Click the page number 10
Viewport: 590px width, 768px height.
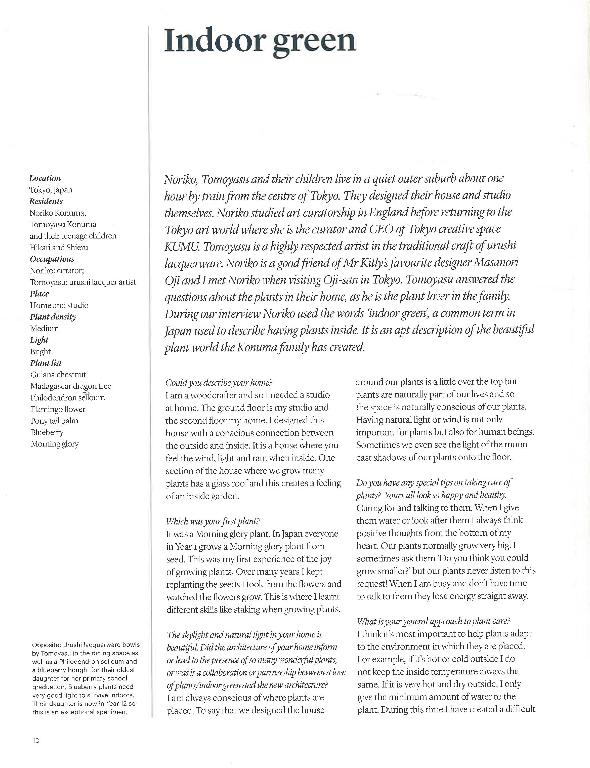[x=36, y=741]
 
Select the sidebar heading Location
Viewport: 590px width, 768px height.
[x=45, y=178]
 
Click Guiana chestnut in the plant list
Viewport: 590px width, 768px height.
[x=58, y=375]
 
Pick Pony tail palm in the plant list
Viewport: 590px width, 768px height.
[x=54, y=421]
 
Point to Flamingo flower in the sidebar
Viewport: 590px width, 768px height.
[x=58, y=409]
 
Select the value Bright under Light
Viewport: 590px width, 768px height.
[x=40, y=351]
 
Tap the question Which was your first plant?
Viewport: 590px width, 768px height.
[x=213, y=521]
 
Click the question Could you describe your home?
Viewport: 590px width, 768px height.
[x=219, y=383]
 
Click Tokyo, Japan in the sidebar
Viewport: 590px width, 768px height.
[x=51, y=190]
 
